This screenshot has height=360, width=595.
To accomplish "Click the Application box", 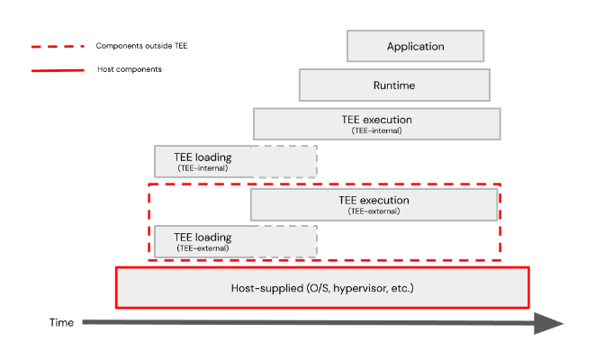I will pos(415,46).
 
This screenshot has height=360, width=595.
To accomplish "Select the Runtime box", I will pos(394,85).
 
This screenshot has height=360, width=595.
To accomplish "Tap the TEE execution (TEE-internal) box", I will pos(376,123).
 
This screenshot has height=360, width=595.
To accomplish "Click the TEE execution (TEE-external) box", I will pos(374,205).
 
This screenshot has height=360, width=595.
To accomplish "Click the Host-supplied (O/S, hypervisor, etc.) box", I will pos(322,288).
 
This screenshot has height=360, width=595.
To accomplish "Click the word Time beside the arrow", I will pos(61,322).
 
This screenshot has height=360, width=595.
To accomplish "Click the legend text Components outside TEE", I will pos(136,45).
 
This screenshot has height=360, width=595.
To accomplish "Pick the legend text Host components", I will pos(129,69).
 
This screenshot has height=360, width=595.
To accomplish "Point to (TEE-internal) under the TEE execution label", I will pos(376,130).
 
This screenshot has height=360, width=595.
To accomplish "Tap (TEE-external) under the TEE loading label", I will pos(203,248).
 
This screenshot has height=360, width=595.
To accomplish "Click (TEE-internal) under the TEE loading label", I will pos(203,168).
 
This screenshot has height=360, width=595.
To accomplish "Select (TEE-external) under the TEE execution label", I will pos(374,211).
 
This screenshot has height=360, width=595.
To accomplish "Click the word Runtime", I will pos(394,85).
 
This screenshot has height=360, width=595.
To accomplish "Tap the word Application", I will pos(415,46).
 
